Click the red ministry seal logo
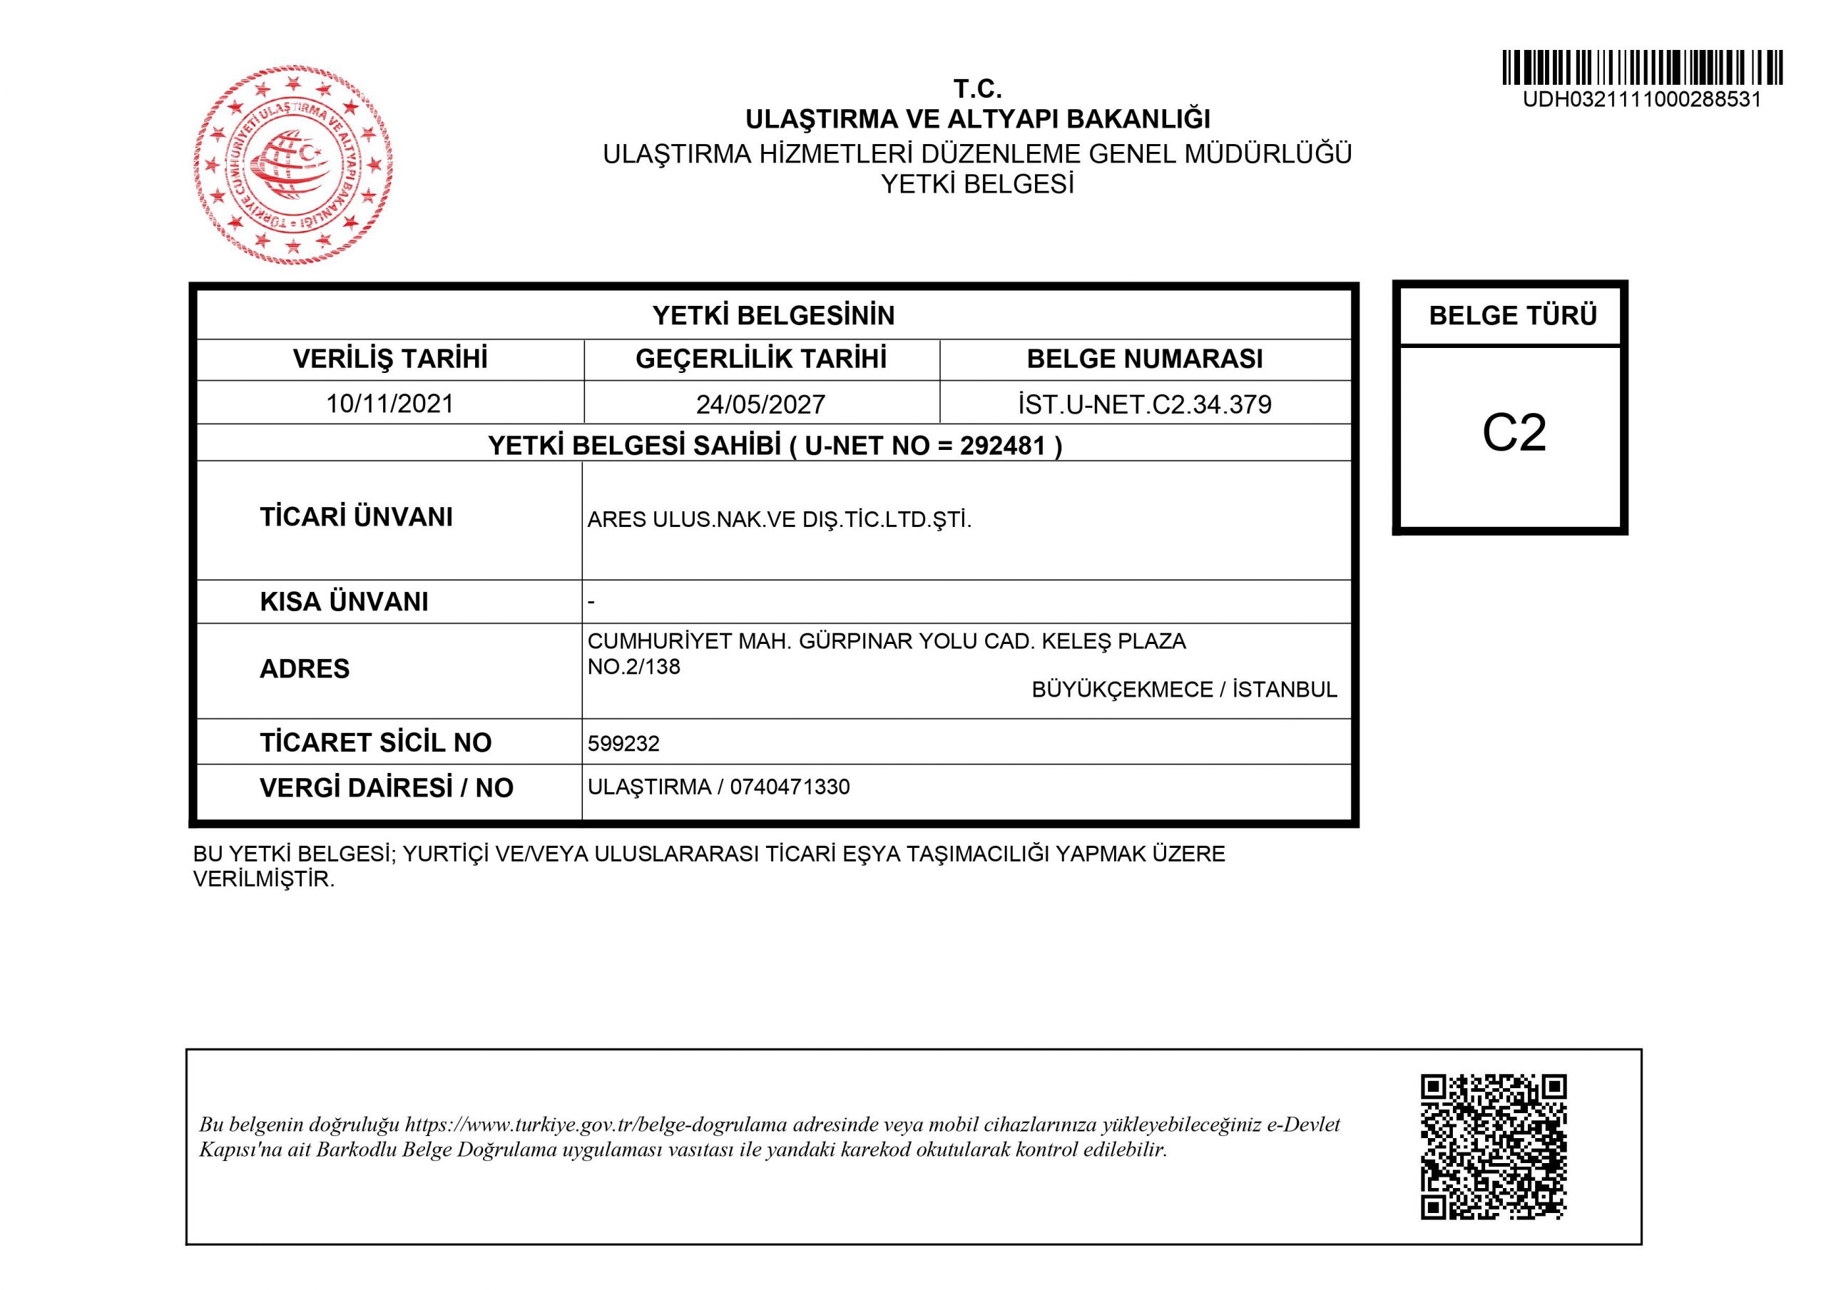(x=292, y=165)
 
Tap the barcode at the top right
(x=1641, y=68)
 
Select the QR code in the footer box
(x=1493, y=1147)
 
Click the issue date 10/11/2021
(x=389, y=404)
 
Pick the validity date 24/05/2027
(x=760, y=405)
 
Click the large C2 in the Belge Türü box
(x=1514, y=434)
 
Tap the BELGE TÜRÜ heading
(x=1513, y=316)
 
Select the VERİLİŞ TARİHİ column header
(x=389, y=359)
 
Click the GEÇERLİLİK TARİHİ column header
(x=760, y=359)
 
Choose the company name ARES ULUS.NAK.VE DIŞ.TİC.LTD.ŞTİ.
(x=780, y=520)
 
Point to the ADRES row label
(x=304, y=669)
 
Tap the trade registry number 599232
(x=623, y=744)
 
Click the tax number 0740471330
(x=790, y=787)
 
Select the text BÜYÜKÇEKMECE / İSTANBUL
(x=1183, y=690)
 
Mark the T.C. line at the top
(x=977, y=88)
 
